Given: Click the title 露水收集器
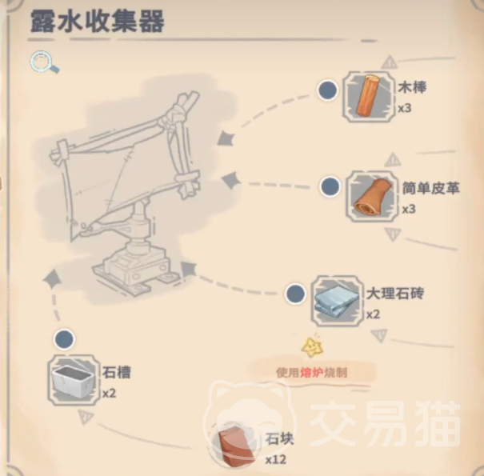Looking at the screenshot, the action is coord(97,22).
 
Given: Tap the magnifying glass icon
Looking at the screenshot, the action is coord(45,63).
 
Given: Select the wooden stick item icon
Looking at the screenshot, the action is coord(369,96).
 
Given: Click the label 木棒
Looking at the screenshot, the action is coord(412,88).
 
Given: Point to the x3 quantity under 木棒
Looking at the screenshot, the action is coord(405,108).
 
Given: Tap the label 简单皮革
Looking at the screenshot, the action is coord(430,188).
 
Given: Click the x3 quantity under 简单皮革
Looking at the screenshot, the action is coord(409,210).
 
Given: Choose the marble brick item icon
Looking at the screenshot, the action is coord(337,301).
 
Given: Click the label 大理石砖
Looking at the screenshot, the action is coord(395,294).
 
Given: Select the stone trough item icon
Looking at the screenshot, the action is coord(74,381).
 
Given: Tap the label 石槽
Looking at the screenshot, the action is coord(116,372).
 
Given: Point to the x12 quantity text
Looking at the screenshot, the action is coord(276,460).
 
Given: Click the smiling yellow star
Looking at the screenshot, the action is coord(312,347).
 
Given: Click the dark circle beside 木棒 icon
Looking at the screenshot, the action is coord(327,90).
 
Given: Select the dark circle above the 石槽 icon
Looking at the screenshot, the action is coord(64,339).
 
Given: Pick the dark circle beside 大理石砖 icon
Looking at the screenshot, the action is coord(295,294).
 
